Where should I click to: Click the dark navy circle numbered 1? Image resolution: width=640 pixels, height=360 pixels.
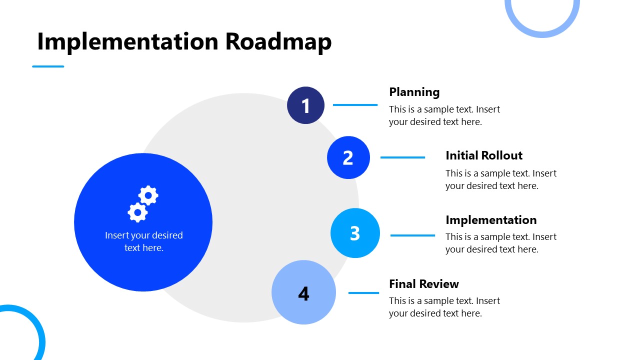click(x=305, y=105)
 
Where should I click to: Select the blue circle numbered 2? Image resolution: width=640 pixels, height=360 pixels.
click(x=348, y=157)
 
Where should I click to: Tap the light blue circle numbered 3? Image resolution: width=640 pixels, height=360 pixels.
click(x=355, y=233)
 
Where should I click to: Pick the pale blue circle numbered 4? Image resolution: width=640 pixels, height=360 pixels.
click(x=303, y=292)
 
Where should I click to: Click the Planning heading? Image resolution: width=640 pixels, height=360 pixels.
click(x=414, y=92)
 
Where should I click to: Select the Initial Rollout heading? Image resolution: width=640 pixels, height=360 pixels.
click(x=483, y=155)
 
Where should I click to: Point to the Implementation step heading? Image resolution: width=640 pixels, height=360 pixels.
click(x=490, y=220)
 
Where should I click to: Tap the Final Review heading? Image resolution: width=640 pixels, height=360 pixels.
click(x=423, y=284)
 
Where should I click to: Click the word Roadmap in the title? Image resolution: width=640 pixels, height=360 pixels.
click(x=278, y=41)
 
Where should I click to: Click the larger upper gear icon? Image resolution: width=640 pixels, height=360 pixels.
click(x=148, y=195)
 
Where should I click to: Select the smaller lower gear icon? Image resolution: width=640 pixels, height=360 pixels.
click(x=137, y=212)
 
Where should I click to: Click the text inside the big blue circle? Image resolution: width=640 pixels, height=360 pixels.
click(x=143, y=241)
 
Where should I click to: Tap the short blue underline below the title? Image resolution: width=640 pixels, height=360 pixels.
click(x=48, y=66)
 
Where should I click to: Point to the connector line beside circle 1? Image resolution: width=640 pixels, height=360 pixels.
click(x=355, y=105)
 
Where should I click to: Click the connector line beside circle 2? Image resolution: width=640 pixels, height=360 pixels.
click(x=402, y=157)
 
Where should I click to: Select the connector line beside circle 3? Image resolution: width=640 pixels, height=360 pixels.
click(x=412, y=235)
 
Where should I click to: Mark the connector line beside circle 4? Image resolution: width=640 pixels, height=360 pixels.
click(x=363, y=293)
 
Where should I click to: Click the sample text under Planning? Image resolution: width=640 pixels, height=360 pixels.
click(x=444, y=115)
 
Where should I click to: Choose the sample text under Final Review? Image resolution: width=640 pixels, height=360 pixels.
click(x=444, y=307)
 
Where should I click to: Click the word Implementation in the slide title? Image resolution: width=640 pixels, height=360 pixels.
click(x=127, y=41)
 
